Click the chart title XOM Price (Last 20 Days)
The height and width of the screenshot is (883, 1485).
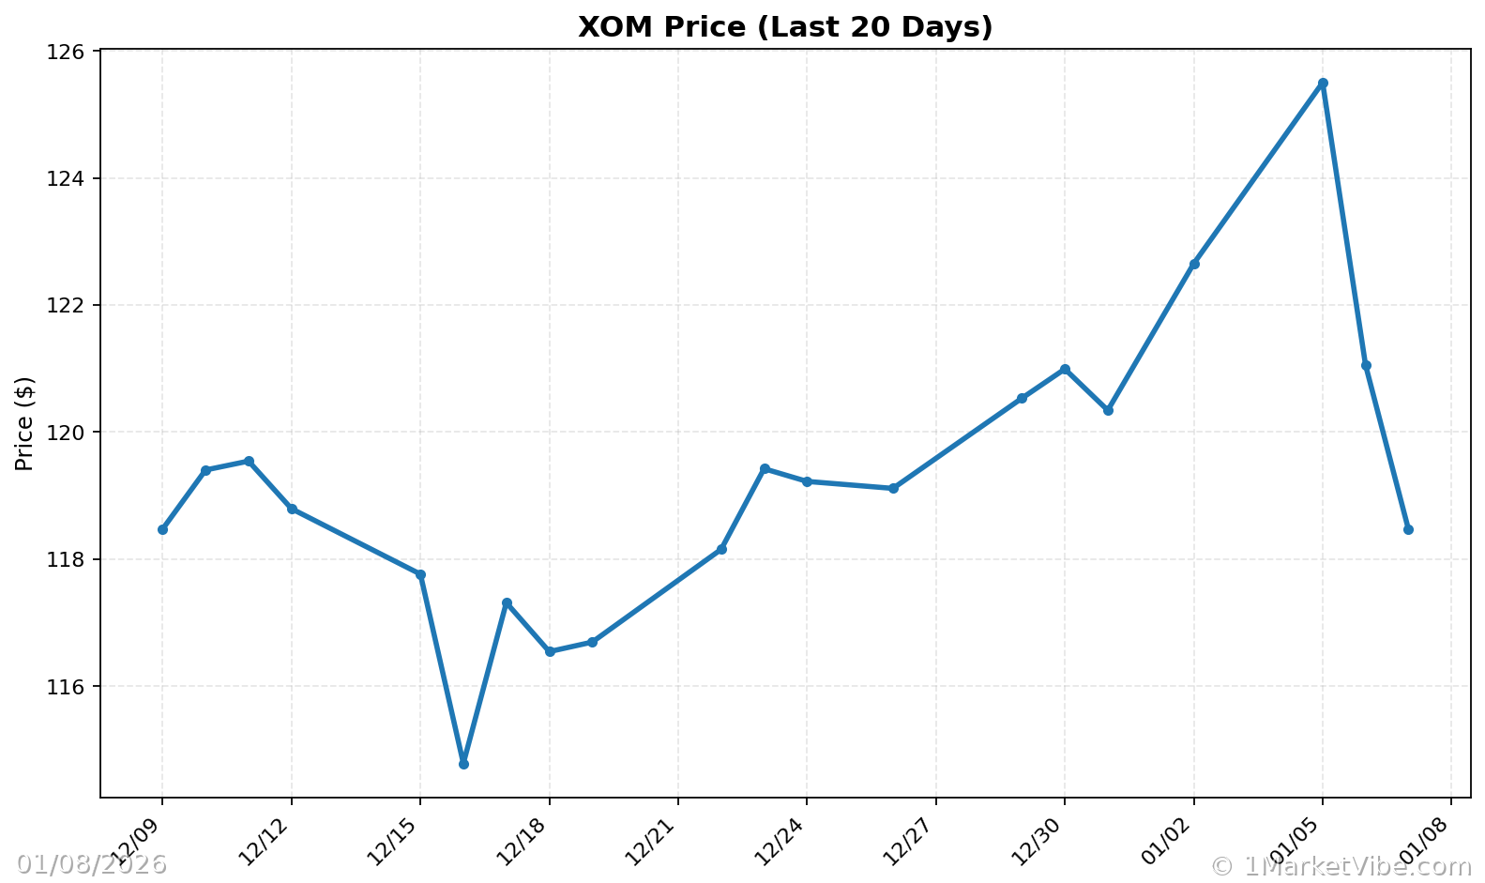[784, 27]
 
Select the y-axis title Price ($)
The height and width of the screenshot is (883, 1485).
[24, 423]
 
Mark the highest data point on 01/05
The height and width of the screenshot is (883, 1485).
[1323, 84]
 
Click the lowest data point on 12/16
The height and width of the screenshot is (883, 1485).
[463, 764]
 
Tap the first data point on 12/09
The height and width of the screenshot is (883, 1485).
[162, 529]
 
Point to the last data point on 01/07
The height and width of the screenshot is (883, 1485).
[1408, 529]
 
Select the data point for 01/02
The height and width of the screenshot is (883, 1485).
[1193, 264]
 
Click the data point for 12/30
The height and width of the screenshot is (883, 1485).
[1065, 369]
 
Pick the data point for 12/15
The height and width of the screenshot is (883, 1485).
[420, 574]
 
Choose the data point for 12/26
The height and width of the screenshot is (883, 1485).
[893, 488]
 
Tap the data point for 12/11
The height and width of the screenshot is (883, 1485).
[249, 461]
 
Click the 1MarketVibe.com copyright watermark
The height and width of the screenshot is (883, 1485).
[1341, 865]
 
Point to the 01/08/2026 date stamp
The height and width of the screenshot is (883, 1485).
[91, 864]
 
